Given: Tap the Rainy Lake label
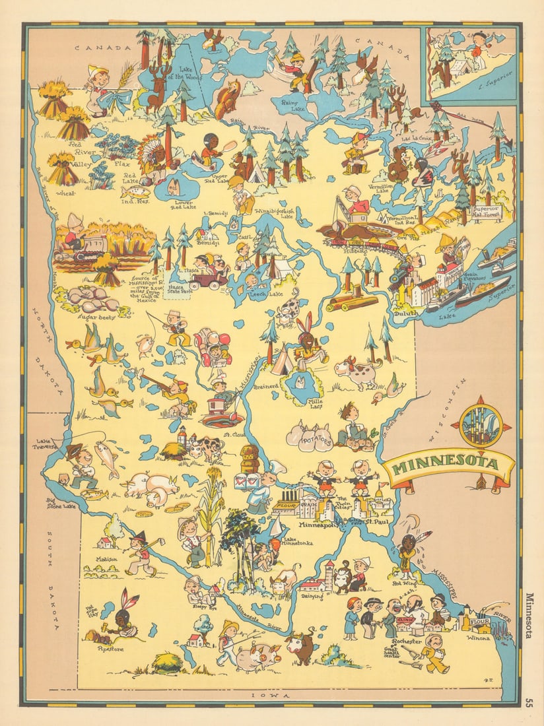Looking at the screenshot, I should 292,102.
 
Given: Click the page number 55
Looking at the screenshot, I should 529,702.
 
